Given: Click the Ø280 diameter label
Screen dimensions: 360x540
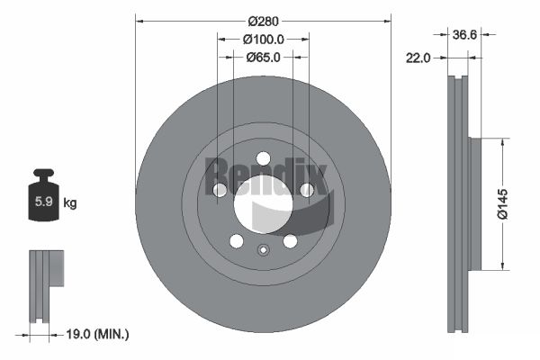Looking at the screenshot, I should click(x=263, y=20).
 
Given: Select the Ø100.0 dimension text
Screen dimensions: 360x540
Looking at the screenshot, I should click(x=263, y=39).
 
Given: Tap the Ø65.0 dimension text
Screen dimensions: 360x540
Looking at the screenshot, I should click(x=263, y=57).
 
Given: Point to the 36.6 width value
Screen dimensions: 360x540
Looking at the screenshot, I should click(x=464, y=35).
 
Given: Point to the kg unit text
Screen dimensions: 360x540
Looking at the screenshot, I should click(x=69, y=202).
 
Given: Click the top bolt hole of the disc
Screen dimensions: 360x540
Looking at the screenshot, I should click(x=263, y=158).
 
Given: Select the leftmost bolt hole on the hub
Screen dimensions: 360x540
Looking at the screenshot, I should click(x=219, y=190).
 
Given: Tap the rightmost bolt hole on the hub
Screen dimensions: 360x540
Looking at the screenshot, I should click(x=307, y=190).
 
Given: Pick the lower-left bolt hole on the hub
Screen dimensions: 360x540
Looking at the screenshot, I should click(x=236, y=241).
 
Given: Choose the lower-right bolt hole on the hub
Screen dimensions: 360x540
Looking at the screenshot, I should click(x=290, y=241).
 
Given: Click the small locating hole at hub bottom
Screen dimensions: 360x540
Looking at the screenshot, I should click(x=263, y=251).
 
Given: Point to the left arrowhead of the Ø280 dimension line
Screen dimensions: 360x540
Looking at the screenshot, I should click(x=139, y=20).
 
